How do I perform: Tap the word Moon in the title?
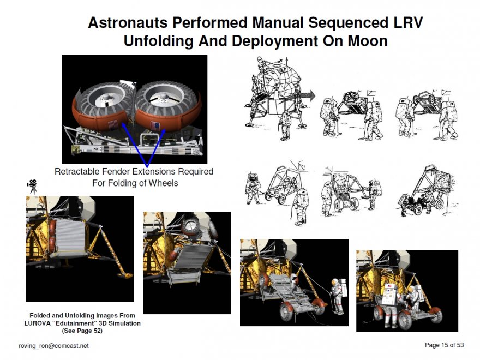[367, 41]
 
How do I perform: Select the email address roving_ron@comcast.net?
[54, 346]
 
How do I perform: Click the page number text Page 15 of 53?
[444, 345]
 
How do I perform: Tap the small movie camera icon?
[32, 187]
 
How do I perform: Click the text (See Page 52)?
[82, 331]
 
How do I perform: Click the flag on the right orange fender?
[155, 126]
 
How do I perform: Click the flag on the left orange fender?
[113, 125]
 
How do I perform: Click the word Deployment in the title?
[274, 41]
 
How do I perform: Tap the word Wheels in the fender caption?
[163, 183]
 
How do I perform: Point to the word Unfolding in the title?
[159, 41]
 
